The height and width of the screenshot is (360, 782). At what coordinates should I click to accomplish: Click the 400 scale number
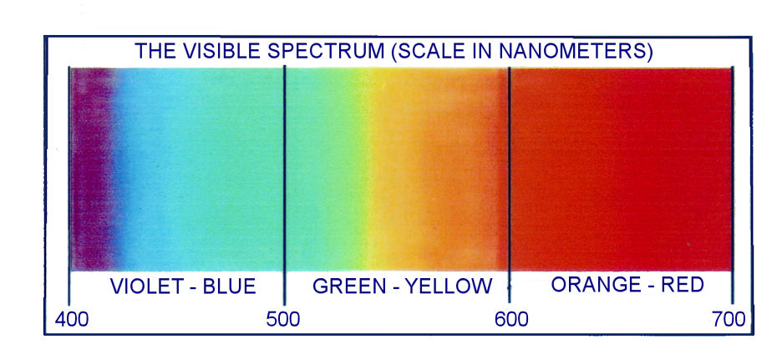72,319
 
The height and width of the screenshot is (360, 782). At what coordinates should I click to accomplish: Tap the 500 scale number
282,319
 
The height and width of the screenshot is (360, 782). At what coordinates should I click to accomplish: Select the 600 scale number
511,319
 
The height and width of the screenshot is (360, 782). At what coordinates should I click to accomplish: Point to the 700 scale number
729,319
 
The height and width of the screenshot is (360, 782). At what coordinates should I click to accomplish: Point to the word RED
683,285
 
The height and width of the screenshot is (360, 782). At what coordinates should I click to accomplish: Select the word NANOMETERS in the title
577,52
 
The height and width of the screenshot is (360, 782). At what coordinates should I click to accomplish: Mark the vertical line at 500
284,185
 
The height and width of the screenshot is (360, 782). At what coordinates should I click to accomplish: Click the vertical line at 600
509,185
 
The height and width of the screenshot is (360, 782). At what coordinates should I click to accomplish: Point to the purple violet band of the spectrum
92,169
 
